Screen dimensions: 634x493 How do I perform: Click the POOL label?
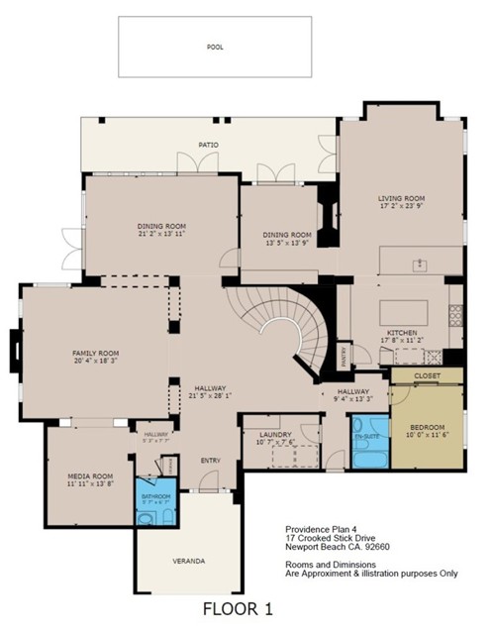click(x=215, y=47)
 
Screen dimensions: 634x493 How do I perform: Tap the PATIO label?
click(x=207, y=145)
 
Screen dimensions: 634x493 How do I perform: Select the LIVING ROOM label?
click(x=401, y=197)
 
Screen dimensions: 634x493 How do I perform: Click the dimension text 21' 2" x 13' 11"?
click(x=161, y=234)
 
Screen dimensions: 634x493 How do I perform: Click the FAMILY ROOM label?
click(x=95, y=353)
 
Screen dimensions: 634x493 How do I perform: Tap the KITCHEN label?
click(x=401, y=332)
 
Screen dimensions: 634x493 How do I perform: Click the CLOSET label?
click(x=427, y=376)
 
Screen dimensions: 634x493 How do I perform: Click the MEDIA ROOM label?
click(x=89, y=475)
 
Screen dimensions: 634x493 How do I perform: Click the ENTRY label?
click(x=210, y=460)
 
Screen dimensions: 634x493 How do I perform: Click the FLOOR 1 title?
click(x=238, y=607)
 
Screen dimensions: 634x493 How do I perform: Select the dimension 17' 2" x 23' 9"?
click(x=401, y=207)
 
